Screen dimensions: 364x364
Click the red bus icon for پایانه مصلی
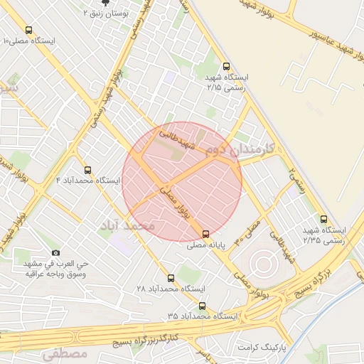(206, 234)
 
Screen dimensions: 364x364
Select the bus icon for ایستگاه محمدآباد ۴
(88, 170)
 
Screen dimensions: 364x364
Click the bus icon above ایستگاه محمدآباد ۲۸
(171, 278)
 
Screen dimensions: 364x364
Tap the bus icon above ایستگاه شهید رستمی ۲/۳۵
(324, 219)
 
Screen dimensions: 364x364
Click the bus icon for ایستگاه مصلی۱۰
(28, 31)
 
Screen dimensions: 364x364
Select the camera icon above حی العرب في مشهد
(55, 253)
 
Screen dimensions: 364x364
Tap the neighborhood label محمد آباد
(128, 225)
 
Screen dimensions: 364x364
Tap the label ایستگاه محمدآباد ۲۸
(171, 289)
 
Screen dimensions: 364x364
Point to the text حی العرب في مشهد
(55, 264)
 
